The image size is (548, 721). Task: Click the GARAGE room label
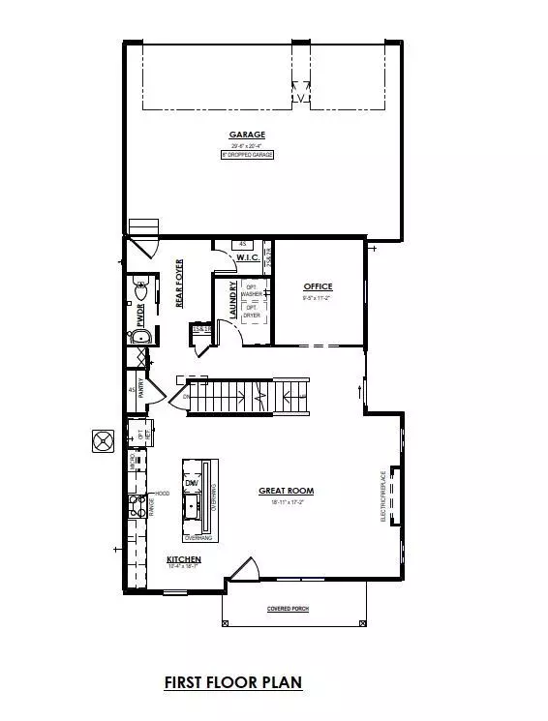[247, 135]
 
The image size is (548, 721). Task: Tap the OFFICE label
[318, 286]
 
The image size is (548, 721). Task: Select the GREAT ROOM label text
[286, 491]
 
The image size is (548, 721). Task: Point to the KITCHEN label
[183, 560]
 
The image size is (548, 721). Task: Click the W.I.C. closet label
[246, 257]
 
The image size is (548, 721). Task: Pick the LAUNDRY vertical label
[232, 300]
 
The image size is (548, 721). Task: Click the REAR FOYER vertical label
[179, 284]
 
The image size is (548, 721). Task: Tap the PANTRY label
[141, 389]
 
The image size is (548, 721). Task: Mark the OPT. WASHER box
[252, 289]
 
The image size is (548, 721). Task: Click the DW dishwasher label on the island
[192, 483]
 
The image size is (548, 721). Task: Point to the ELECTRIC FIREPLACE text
[385, 496]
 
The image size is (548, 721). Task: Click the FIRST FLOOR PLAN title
[232, 682]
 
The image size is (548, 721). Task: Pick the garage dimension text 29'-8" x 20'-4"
[247, 145]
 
